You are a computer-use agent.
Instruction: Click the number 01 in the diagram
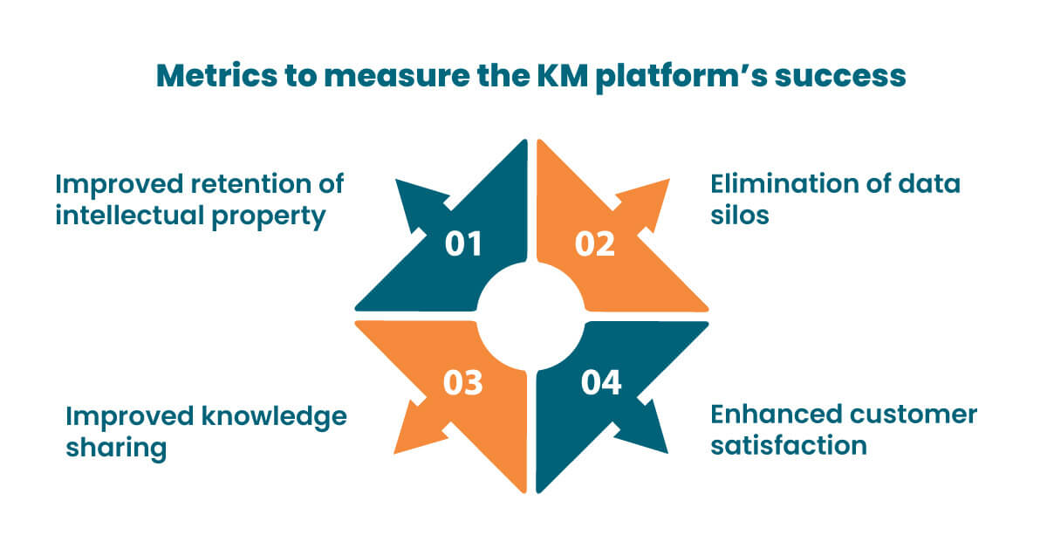463,244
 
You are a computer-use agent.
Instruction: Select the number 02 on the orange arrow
595,244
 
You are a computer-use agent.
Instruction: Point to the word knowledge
273,417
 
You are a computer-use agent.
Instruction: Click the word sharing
115,449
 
